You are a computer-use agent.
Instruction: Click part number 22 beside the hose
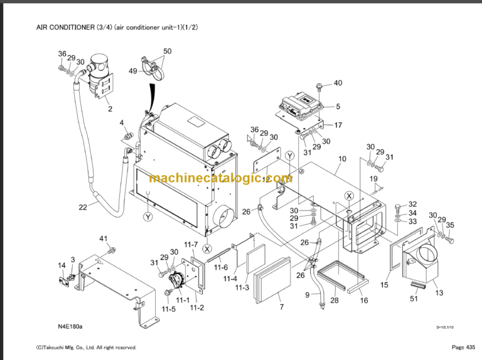pos(83,208)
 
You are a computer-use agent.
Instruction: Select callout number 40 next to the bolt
pos(338,83)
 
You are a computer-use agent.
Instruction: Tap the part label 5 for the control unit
pos(338,107)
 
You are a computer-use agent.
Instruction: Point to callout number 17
pos(338,125)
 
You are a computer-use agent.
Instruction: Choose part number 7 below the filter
pos(282,307)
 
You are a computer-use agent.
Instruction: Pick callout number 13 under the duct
pos(439,292)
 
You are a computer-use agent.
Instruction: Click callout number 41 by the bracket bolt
pos(104,238)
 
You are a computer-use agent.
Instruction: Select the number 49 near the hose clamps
pos(133,71)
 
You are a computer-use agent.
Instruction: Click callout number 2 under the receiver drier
pos(110,109)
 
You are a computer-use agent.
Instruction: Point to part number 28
pos(334,301)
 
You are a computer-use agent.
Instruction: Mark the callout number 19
pos(373,179)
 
